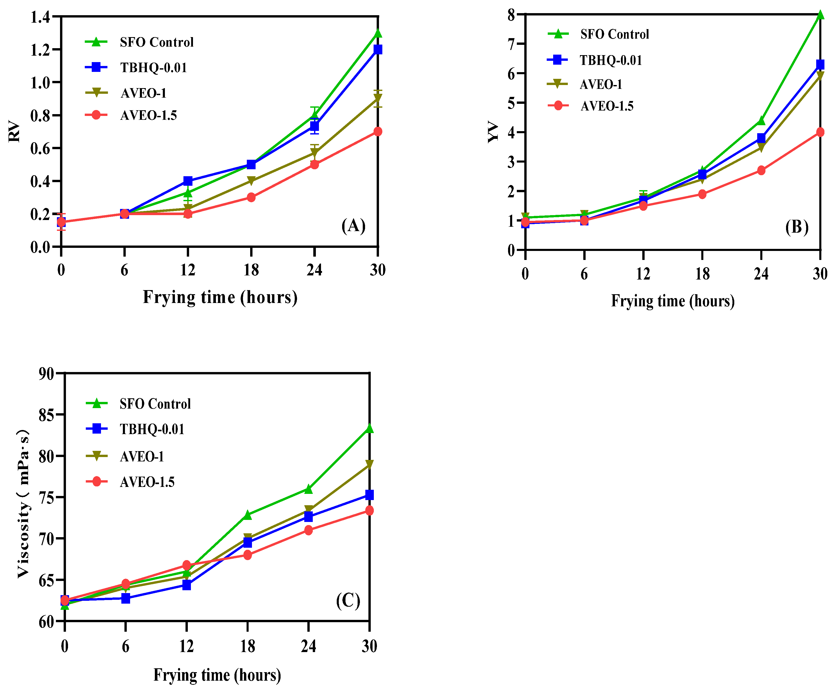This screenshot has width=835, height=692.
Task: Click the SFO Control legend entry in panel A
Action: point(156,42)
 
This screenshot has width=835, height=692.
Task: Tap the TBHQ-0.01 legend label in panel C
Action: point(152,429)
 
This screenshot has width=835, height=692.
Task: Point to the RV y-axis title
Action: point(14,131)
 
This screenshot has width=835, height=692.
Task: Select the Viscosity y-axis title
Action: point(23,503)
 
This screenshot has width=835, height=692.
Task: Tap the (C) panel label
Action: point(348,601)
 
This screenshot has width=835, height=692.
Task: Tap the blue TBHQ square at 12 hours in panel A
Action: point(188,181)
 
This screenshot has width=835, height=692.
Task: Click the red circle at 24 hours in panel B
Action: point(761,171)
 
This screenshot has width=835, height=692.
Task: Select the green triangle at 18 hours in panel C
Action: point(247,515)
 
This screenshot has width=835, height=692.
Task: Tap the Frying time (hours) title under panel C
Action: point(217,675)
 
